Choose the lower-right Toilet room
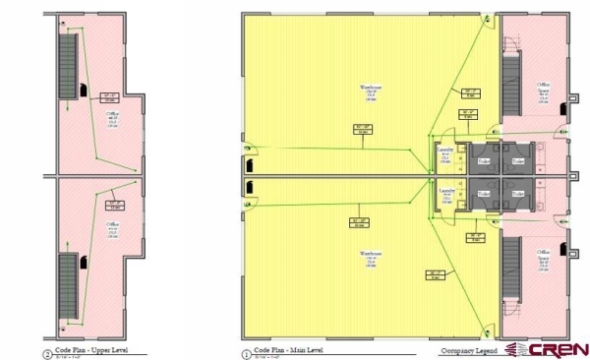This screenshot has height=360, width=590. click(518, 193)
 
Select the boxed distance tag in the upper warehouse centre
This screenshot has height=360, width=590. click(363, 128)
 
